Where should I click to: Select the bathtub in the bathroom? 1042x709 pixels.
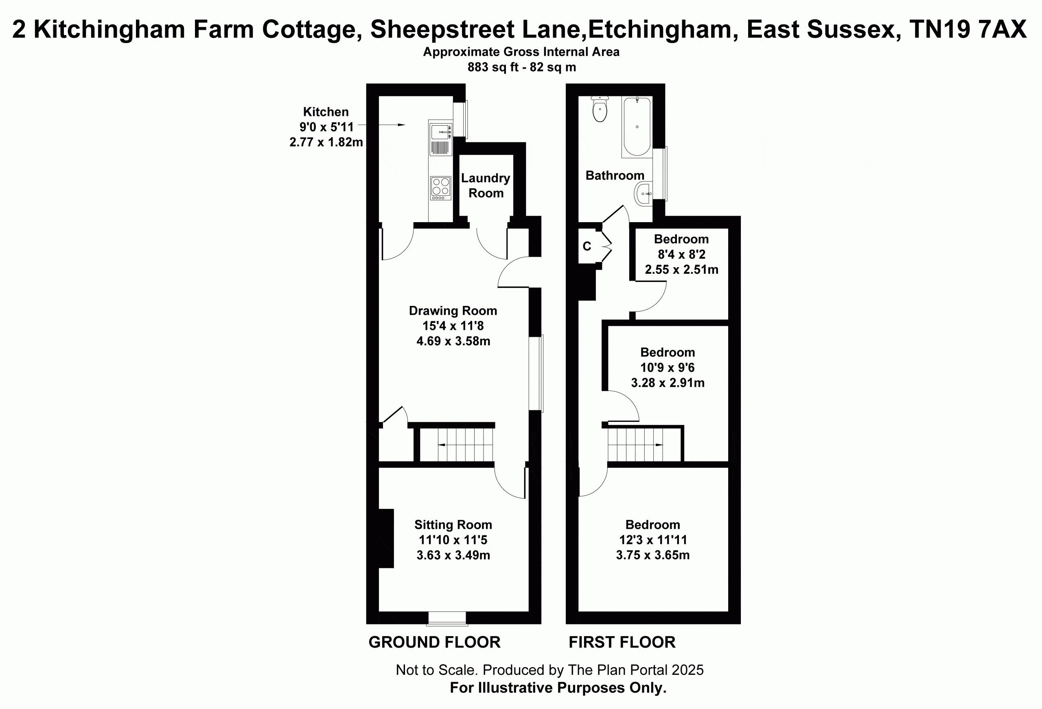[x=637, y=127]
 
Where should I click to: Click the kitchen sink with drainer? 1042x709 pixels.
[x=440, y=137]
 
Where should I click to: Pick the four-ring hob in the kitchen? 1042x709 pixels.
[x=440, y=188]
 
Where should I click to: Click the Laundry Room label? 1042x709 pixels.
[x=486, y=185]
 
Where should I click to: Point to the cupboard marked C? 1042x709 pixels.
[x=587, y=246]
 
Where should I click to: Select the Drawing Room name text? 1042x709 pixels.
[x=453, y=311]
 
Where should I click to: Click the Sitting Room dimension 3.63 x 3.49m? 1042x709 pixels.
[x=453, y=555]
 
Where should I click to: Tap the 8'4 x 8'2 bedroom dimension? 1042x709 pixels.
[x=681, y=254]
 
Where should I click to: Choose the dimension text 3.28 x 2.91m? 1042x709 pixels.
[x=668, y=382]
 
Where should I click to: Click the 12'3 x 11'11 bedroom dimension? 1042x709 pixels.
[x=653, y=540]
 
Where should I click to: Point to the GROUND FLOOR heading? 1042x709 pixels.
[x=434, y=642]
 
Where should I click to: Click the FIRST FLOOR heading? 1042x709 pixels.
[x=622, y=642]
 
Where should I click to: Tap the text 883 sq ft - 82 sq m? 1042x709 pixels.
[x=521, y=67]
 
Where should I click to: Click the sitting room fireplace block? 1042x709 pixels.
[x=386, y=538]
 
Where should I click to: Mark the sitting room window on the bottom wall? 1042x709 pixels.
[x=447, y=618]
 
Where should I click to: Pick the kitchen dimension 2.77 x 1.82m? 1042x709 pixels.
[x=326, y=142]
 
